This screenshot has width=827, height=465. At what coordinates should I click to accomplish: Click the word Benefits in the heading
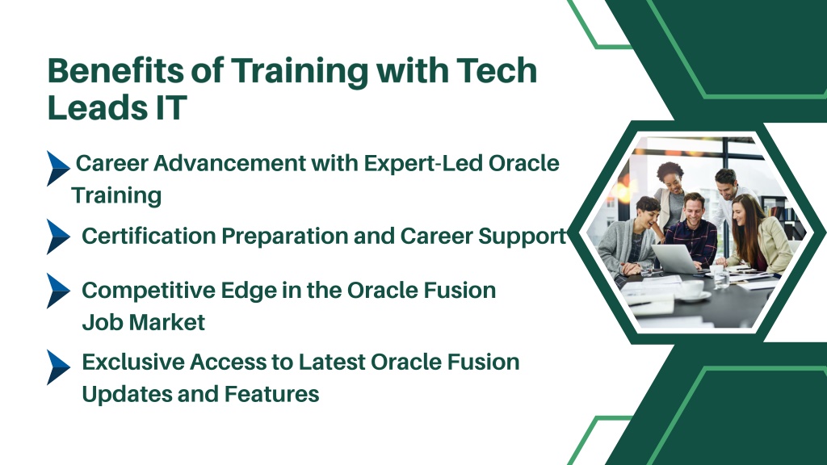(x=115, y=71)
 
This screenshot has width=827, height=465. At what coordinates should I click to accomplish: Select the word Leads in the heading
(x=98, y=108)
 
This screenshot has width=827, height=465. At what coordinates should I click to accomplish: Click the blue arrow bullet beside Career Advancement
(x=58, y=169)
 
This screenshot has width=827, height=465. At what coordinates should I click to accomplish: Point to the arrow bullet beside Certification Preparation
(x=58, y=237)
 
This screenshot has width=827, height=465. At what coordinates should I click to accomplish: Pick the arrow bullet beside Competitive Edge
(x=58, y=291)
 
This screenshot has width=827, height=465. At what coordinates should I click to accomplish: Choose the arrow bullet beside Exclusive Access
(x=58, y=367)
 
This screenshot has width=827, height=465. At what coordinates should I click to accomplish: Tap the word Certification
(x=149, y=236)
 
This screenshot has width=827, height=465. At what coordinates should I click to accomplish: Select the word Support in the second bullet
(x=523, y=237)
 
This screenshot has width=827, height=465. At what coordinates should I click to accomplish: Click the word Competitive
(x=149, y=291)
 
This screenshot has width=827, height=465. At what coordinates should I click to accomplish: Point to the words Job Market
(x=144, y=322)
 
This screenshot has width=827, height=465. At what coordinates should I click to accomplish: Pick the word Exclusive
(x=134, y=362)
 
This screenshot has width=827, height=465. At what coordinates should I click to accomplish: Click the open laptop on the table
(x=677, y=258)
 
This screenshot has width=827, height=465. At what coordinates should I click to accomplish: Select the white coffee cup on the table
(x=692, y=290)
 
